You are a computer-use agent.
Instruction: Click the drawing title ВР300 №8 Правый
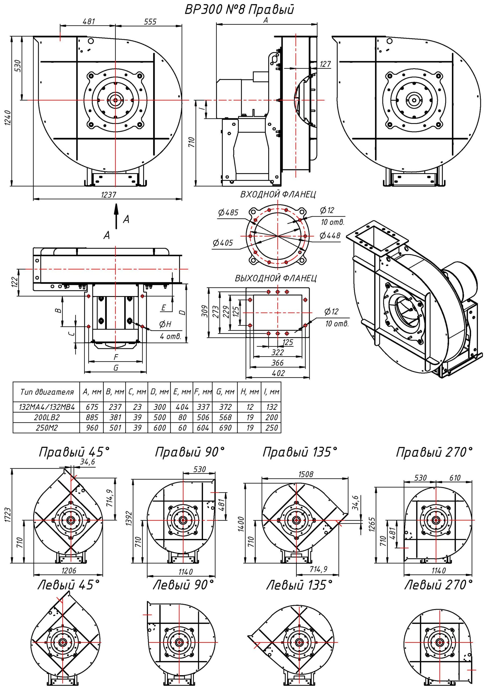[239, 10]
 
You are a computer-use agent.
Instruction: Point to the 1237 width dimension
[108, 195]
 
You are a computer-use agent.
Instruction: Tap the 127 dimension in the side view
[325, 64]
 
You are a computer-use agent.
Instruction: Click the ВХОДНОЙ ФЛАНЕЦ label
[278, 195]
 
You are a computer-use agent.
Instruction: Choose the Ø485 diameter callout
[228, 213]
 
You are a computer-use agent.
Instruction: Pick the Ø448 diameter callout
[330, 235]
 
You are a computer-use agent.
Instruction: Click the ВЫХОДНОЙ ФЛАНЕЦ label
[275, 278]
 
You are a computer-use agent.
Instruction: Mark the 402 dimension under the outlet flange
[278, 373]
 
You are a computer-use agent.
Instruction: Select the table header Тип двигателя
[47, 392]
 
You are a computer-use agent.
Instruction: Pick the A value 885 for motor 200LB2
[92, 417]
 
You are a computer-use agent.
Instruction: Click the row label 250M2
[47, 427]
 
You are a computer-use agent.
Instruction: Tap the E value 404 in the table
[182, 407]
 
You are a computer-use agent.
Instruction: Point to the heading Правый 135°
[300, 452]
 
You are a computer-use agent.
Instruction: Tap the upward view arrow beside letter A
[116, 216]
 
